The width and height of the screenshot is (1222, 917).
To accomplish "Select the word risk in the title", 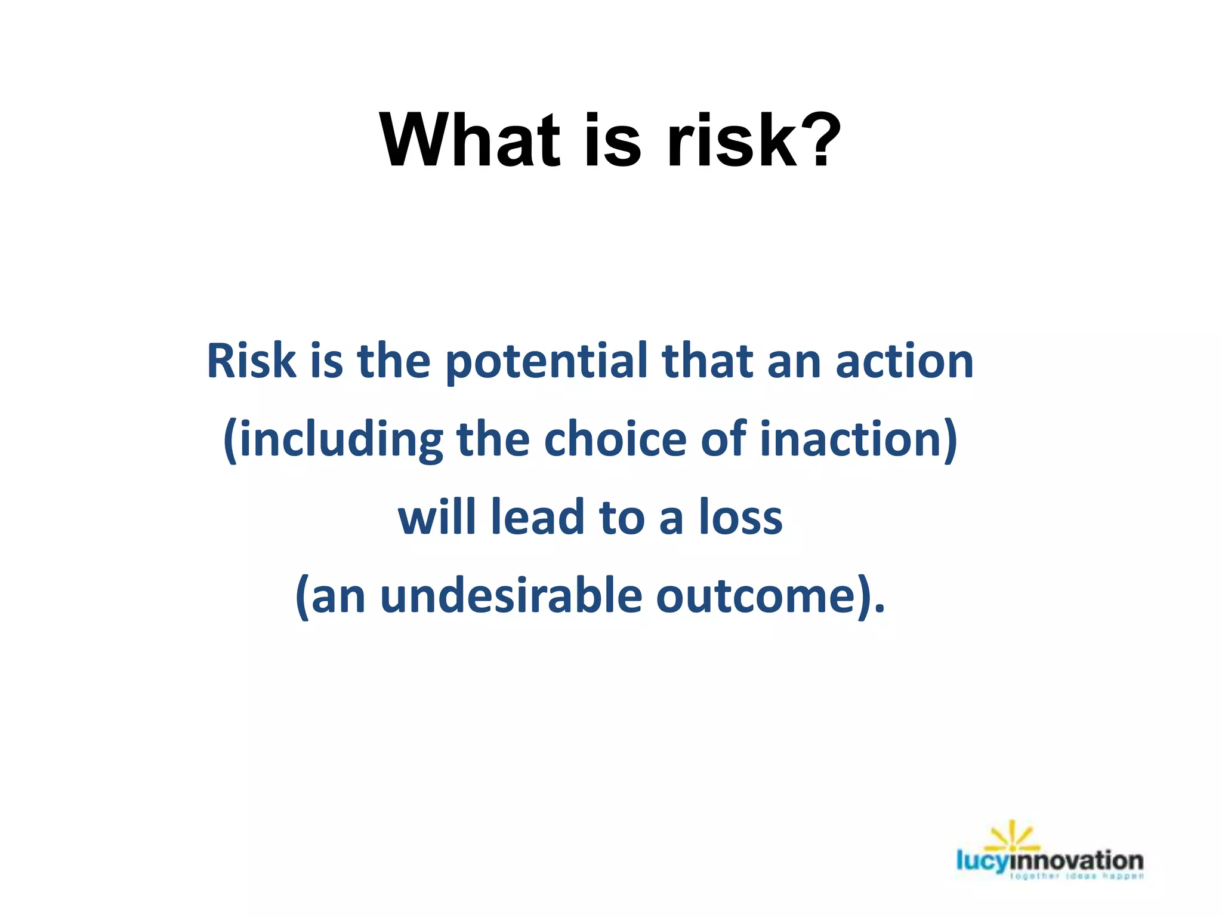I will (732, 141).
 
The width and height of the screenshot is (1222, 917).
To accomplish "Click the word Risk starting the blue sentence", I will (251, 361).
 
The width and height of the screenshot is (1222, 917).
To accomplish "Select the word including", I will (341, 441).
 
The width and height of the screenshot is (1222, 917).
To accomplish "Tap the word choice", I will (615, 439).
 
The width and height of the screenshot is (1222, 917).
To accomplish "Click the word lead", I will (537, 518).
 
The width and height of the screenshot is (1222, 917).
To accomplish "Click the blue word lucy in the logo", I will (982, 861).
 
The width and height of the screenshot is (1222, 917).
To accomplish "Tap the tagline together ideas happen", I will (1076, 876).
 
